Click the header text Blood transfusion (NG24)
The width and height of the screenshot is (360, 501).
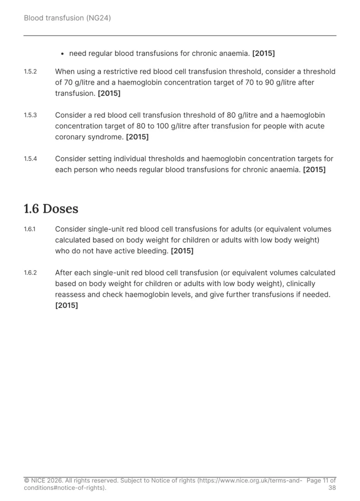click(x=67, y=18)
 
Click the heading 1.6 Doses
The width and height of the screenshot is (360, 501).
click(x=51, y=209)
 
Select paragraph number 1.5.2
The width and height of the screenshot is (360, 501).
click(x=30, y=72)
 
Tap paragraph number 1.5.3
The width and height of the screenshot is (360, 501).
click(x=30, y=115)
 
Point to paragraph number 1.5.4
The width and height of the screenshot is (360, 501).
click(x=30, y=159)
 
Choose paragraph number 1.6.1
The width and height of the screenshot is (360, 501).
click(x=30, y=229)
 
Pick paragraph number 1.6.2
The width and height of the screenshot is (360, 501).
click(x=30, y=273)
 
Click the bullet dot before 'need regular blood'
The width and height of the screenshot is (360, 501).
click(x=63, y=54)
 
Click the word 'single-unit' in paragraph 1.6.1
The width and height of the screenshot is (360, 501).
click(x=106, y=229)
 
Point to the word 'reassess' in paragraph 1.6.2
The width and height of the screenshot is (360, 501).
click(x=70, y=295)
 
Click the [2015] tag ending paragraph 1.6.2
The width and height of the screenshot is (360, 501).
click(x=67, y=305)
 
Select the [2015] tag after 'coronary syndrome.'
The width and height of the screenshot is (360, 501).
click(x=137, y=137)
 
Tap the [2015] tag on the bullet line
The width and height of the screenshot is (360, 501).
click(x=264, y=54)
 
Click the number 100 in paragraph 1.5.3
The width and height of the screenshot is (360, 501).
click(x=162, y=126)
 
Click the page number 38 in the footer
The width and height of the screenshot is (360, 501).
click(x=332, y=488)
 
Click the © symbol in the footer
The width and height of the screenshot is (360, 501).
click(x=27, y=481)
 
